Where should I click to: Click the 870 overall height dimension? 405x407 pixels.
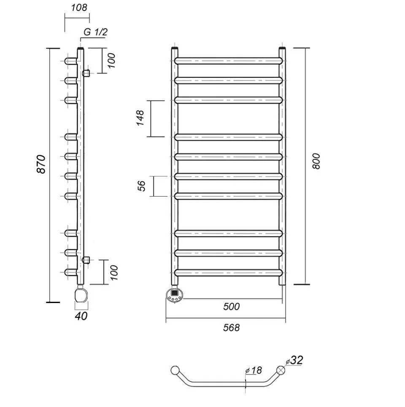tap(41, 164)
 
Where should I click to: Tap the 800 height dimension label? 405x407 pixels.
tap(316, 161)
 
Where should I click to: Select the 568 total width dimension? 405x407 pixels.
tap(231, 328)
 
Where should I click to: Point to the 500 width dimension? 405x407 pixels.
tap(231, 306)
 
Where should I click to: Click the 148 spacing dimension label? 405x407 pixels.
tap(140, 118)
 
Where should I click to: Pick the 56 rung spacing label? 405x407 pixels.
tap(141, 186)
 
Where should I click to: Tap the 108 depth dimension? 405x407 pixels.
tap(79, 8)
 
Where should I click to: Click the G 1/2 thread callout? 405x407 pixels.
tap(95, 32)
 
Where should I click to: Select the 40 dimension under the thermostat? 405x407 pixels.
tap(81, 316)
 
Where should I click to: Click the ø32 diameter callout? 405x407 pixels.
tap(294, 360)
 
